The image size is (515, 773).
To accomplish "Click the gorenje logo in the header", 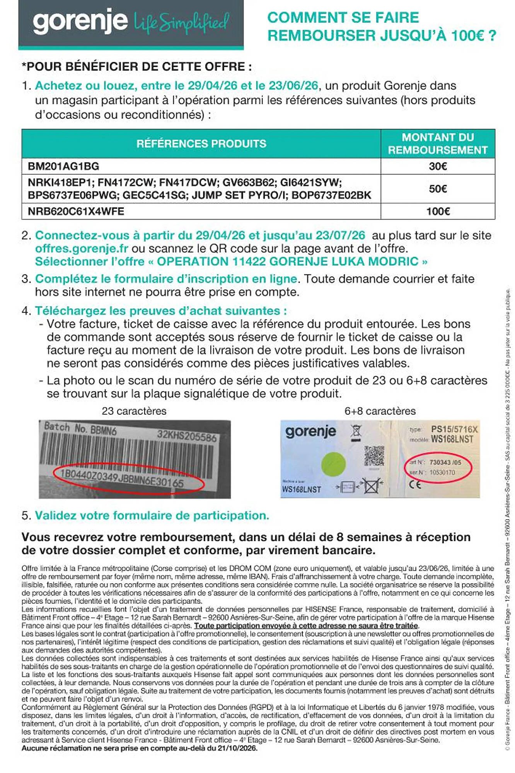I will click(x=80, y=22).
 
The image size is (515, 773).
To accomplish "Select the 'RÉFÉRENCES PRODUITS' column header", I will click(x=201, y=144).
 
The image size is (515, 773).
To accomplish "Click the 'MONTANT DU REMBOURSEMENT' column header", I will click(x=438, y=144).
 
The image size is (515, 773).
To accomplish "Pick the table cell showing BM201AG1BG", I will click(x=63, y=166).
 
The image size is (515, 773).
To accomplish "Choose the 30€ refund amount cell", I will click(x=438, y=166).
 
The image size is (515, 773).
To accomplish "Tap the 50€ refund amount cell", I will click(x=438, y=189).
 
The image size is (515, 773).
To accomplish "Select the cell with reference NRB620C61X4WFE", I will click(x=76, y=211).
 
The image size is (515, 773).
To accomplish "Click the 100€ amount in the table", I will click(x=438, y=211).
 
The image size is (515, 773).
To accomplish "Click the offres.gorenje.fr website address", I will click(x=81, y=249).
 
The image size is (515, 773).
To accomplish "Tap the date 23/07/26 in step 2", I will click(x=340, y=235).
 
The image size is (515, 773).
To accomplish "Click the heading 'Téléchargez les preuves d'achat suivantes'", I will click(x=161, y=311).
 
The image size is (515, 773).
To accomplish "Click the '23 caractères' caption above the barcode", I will click(x=134, y=411).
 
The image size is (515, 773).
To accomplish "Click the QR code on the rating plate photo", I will click(x=374, y=456).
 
